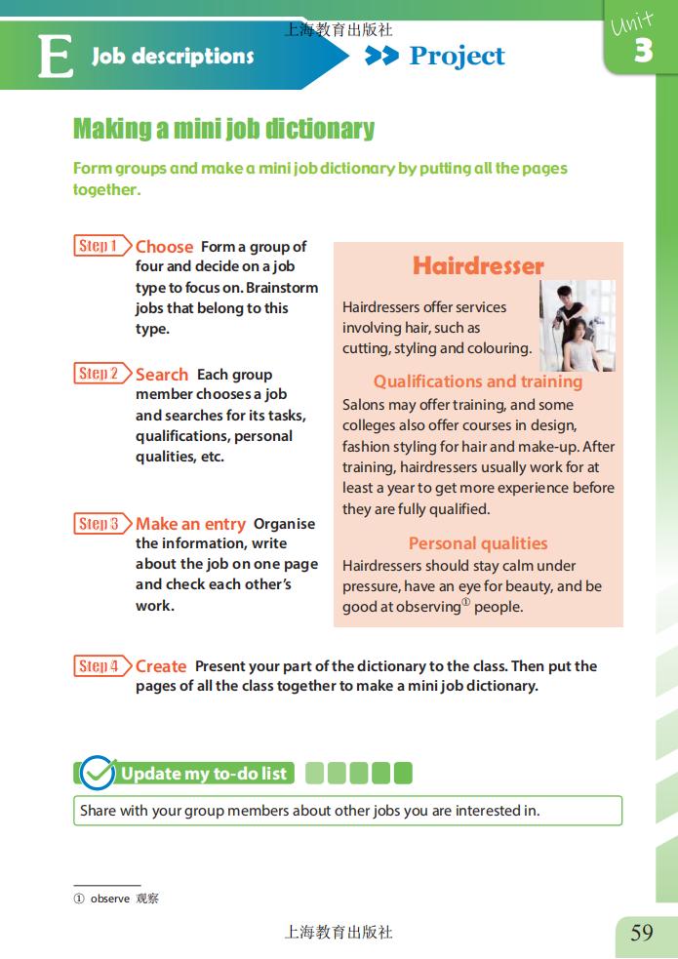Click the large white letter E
[56, 56]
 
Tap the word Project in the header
[457, 57]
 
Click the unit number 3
[643, 50]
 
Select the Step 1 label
[102, 246]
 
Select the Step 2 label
[102, 373]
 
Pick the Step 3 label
[102, 524]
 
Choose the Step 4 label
[102, 666]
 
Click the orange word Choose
[164, 247]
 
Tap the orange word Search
[161, 375]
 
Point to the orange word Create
[161, 666]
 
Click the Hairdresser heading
[478, 266]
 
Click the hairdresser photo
[578, 326]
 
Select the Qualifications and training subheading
[477, 381]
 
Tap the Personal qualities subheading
[478, 543]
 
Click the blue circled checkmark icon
[98, 773]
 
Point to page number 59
[642, 933]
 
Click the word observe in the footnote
[110, 899]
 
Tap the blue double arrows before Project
[381, 56]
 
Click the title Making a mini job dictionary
[223, 129]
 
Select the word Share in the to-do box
[98, 811]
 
